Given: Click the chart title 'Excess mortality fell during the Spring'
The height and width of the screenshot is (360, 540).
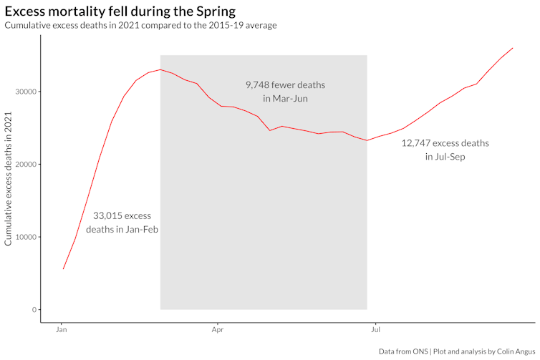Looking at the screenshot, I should [120, 11].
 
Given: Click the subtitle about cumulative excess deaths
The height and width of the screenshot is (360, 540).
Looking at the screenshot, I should [140, 26].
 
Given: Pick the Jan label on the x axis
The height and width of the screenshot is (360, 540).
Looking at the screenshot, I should [62, 332].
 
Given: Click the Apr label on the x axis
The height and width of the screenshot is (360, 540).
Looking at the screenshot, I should [218, 332].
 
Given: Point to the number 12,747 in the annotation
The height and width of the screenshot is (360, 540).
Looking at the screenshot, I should [415, 143].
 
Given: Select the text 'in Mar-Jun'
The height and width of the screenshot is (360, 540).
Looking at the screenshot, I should [285, 99].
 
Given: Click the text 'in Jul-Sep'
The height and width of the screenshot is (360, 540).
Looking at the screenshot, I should [445, 157].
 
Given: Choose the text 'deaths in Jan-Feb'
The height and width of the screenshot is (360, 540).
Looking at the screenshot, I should [122, 230].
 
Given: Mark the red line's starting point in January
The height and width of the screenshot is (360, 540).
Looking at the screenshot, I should [63, 269].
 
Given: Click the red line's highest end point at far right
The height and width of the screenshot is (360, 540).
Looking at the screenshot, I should [513, 48].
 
